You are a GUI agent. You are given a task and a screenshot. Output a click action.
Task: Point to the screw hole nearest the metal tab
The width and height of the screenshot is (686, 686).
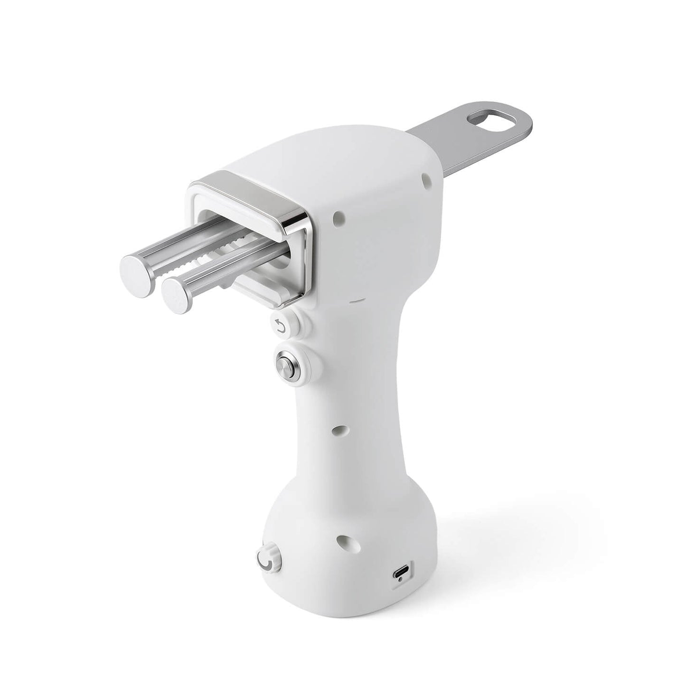(426, 179)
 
